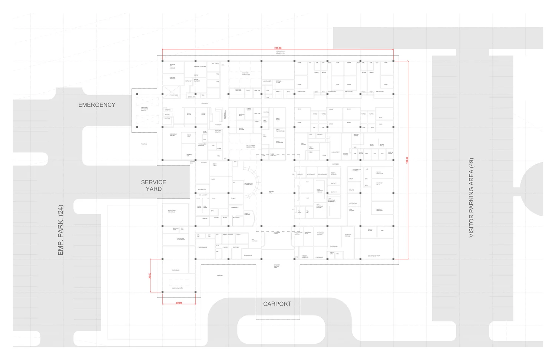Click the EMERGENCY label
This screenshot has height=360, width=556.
(x=97, y=105)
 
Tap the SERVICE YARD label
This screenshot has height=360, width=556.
(x=153, y=185)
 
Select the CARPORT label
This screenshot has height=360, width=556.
(x=277, y=304)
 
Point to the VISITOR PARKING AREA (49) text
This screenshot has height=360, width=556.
(x=471, y=198)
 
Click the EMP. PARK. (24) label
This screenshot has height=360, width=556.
(x=61, y=230)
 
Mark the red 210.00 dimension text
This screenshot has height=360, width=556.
(x=278, y=48)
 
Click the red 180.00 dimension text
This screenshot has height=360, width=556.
(x=407, y=160)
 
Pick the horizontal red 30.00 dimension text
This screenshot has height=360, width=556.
(x=179, y=303)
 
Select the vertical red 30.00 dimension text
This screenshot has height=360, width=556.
(x=150, y=275)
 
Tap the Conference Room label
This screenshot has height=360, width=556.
(x=374, y=256)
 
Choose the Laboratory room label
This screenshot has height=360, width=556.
(x=335, y=152)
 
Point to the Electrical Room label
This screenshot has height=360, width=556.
(x=177, y=288)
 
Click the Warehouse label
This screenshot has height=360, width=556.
(x=175, y=270)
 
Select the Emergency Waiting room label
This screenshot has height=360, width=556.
(x=173, y=135)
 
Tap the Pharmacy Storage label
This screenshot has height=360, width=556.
(x=347, y=235)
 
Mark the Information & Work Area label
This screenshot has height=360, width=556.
(x=248, y=184)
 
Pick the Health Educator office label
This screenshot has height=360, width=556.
(x=379, y=173)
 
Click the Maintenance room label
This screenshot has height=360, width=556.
(x=202, y=247)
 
